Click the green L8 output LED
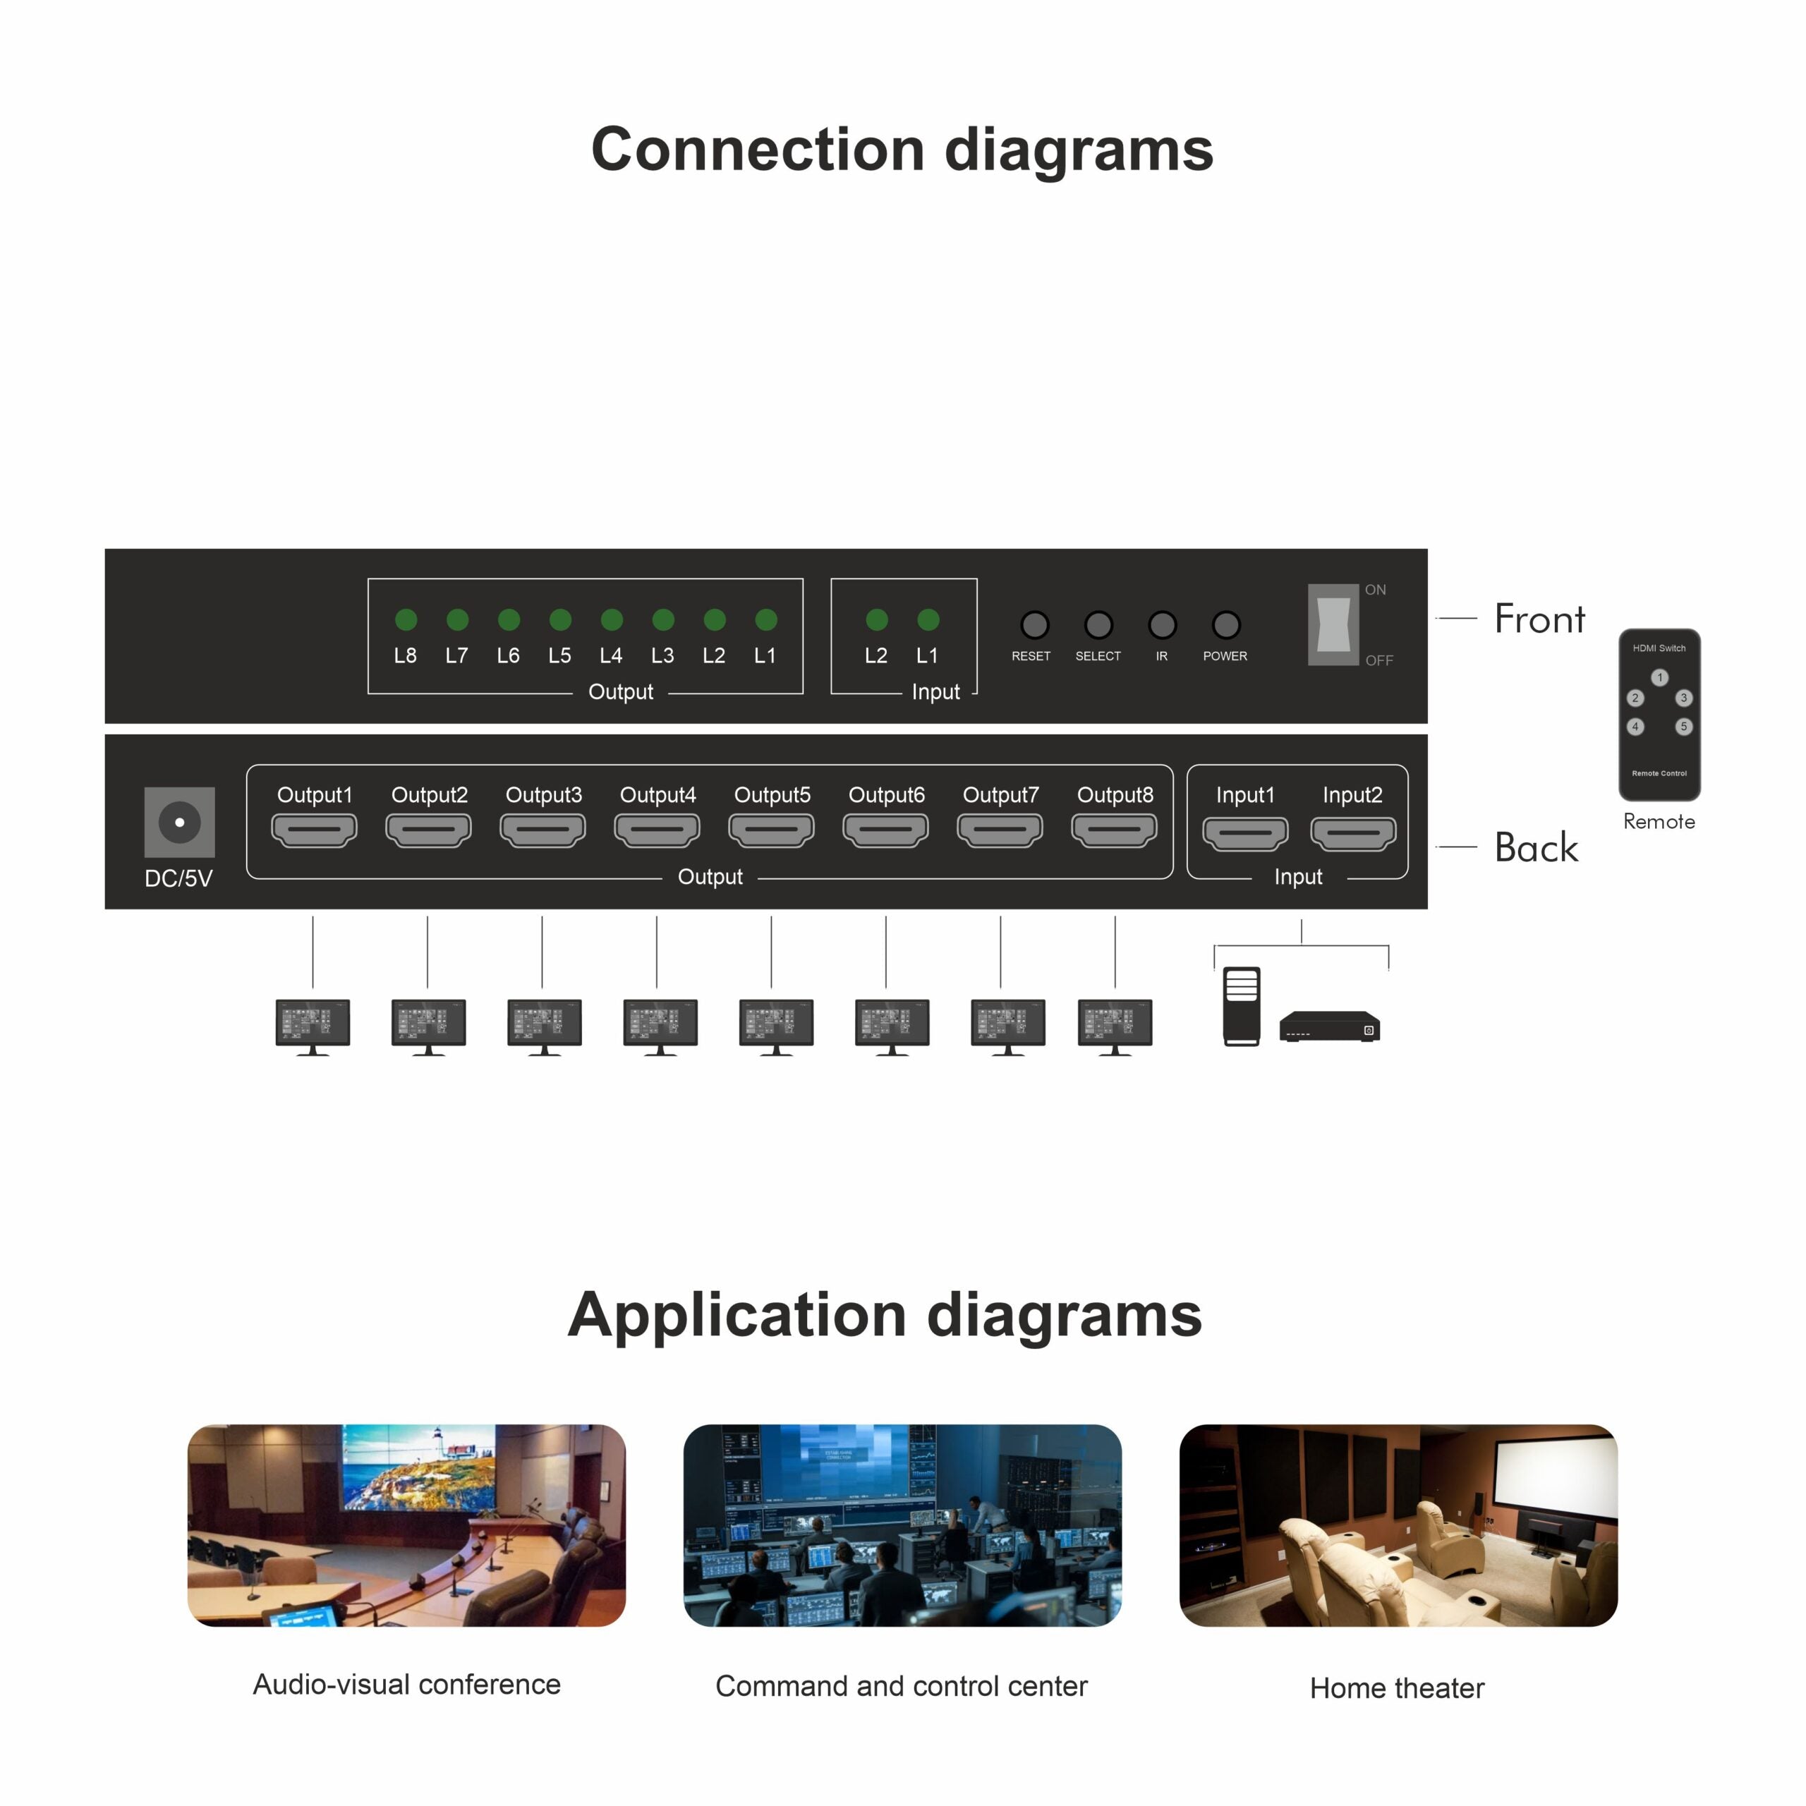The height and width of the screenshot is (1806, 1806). [406, 620]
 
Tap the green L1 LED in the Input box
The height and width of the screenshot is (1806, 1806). [928, 620]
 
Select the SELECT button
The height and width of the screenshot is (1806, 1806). [1098, 624]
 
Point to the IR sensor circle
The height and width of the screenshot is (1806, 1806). [1162, 624]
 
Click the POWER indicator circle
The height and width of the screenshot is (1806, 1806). [1225, 624]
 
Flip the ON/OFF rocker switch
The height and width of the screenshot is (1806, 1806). [1333, 624]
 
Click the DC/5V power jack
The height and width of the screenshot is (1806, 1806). [179, 823]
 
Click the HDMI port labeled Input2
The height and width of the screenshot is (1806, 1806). [1352, 833]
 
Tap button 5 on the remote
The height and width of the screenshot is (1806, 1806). [1683, 727]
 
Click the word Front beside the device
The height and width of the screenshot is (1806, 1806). [1539, 619]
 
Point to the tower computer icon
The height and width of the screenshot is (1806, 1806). [1242, 1006]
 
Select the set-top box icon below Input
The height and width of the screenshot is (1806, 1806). [1329, 1026]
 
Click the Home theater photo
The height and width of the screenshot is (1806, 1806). [1398, 1525]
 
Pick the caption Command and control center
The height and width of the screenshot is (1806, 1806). [901, 1685]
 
